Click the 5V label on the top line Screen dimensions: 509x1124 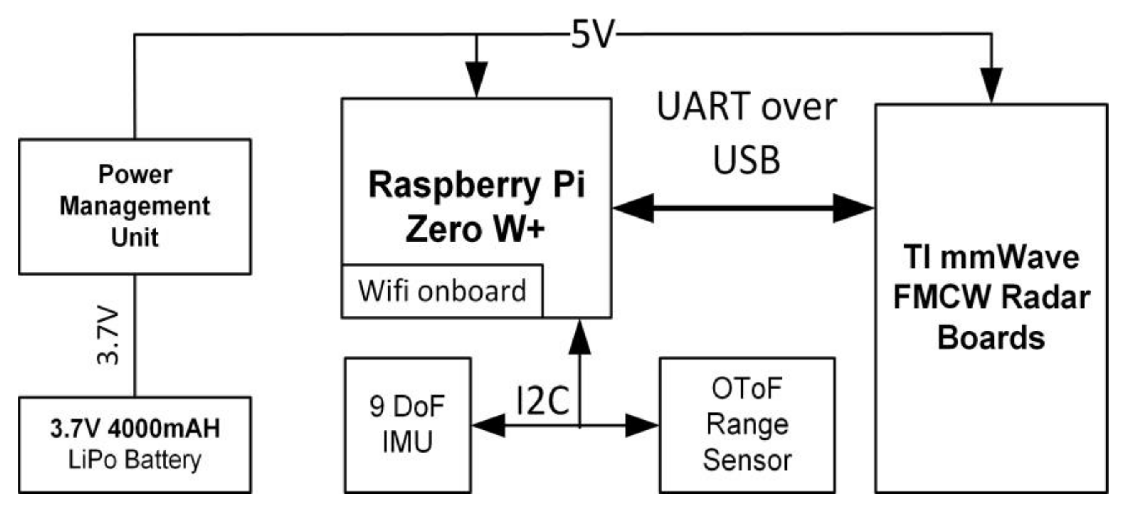tap(593, 34)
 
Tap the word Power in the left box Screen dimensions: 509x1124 tap(135, 174)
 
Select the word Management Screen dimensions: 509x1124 tap(135, 206)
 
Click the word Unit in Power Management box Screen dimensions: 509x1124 tap(135, 237)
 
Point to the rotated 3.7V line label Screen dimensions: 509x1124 tap(107, 336)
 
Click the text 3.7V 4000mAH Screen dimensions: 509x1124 tap(135, 428)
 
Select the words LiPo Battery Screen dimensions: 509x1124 tap(135, 460)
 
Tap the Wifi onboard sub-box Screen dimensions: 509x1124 tap(442, 291)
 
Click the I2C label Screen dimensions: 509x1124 tap(542, 400)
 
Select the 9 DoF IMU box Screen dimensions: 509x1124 tap(408, 425)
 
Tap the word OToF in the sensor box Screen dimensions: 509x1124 tap(746, 388)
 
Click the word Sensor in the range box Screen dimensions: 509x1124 tap(747, 460)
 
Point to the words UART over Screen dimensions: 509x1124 tap(746, 107)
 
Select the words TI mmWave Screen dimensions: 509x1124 tap(991, 257)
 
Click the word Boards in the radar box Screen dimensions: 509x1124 tap(991, 338)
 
